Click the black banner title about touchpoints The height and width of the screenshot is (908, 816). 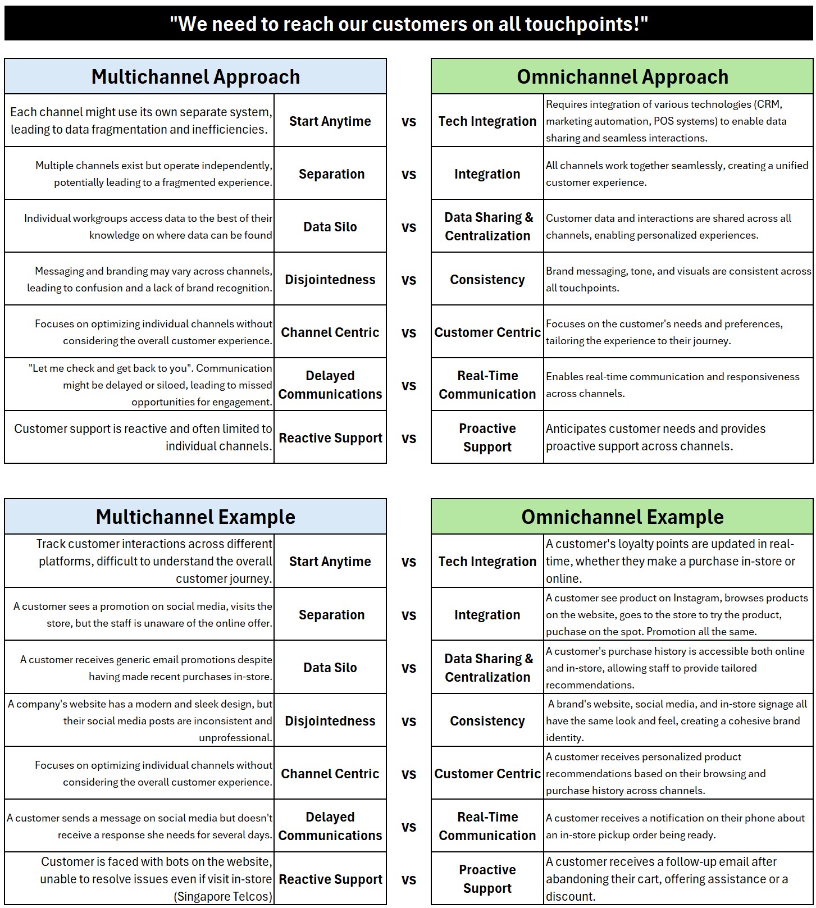pyautogui.click(x=408, y=24)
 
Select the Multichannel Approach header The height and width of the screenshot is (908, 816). pyautogui.click(x=195, y=77)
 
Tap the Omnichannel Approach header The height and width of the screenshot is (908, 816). pyautogui.click(x=622, y=77)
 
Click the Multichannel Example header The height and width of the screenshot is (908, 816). pyautogui.click(x=195, y=517)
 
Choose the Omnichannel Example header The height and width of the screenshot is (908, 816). pyautogui.click(x=622, y=517)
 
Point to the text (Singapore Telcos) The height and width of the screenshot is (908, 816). pyautogui.click(x=223, y=896)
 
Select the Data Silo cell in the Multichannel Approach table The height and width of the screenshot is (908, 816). pyautogui.click(x=330, y=227)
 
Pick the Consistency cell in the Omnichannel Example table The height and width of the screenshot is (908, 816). pyautogui.click(x=487, y=721)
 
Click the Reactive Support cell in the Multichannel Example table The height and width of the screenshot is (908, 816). pyautogui.click(x=330, y=879)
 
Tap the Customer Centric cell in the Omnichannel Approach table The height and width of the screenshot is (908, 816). pyautogui.click(x=487, y=332)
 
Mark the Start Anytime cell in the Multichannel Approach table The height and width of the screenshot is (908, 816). pyautogui.click(x=330, y=121)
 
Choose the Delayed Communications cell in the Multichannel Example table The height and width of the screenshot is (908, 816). pyautogui.click(x=330, y=827)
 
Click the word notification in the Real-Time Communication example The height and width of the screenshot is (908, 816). pyautogui.click(x=676, y=818)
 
